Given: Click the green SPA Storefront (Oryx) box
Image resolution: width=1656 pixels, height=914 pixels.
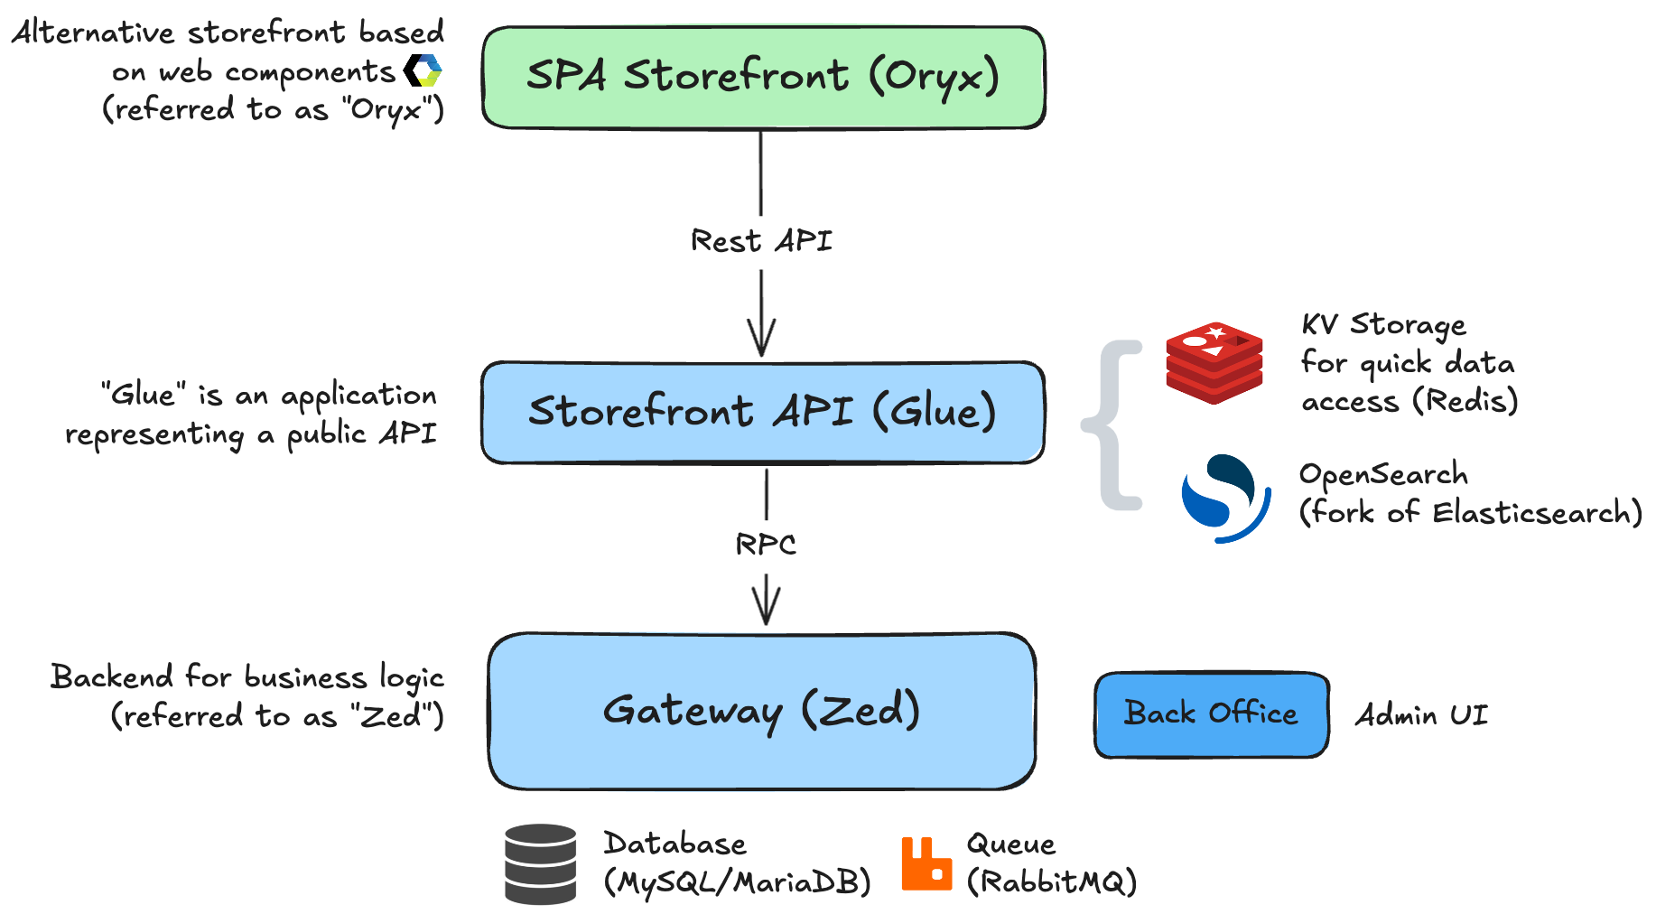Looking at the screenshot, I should point(763,78).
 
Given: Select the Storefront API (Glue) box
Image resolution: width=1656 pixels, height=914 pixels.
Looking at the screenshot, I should point(763,413).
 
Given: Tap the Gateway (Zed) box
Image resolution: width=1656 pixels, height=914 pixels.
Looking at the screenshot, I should point(761,711).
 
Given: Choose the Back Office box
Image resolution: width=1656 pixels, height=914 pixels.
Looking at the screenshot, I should point(1211,714).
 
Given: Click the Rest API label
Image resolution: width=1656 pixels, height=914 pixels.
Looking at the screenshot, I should point(761,241).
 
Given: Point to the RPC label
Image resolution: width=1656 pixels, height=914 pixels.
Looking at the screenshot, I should point(766,545).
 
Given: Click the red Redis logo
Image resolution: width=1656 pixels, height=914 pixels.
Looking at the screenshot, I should point(1214,362).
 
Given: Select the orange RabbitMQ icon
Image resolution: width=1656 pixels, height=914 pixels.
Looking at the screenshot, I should point(926,864).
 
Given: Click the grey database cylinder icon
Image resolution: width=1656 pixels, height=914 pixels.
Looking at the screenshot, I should point(540,864).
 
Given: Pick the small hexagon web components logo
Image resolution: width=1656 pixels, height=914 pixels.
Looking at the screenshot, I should point(423,70).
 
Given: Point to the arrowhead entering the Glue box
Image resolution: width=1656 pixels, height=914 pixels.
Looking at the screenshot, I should point(761,343).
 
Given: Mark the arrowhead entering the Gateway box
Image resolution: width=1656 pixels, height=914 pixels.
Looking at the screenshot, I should point(766,611).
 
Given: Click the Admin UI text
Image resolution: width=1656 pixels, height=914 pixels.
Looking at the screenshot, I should point(1421,715).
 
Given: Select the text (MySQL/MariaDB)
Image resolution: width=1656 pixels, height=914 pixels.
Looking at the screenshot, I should point(737,882).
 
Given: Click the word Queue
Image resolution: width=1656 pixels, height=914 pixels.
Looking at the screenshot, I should point(1010,844).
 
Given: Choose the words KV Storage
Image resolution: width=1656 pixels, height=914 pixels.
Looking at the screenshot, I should point(1383,324).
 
